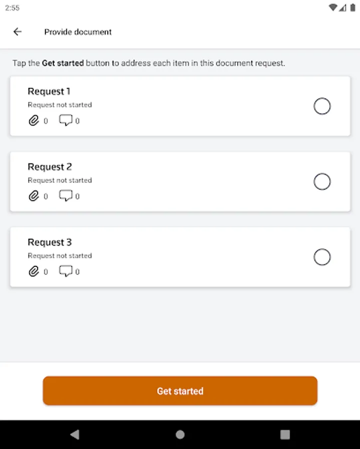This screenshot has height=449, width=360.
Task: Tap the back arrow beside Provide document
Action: click(17, 31)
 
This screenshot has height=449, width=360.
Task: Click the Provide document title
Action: click(78, 32)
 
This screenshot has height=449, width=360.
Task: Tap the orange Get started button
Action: click(180, 391)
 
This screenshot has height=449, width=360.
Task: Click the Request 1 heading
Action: click(49, 91)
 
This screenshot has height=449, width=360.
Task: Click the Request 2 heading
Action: click(49, 167)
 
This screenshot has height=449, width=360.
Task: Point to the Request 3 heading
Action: click(49, 242)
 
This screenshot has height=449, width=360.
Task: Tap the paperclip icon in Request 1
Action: click(34, 121)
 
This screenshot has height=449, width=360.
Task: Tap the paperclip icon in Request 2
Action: click(34, 196)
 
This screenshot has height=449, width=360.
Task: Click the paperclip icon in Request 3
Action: click(34, 271)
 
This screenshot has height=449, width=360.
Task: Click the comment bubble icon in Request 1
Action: click(65, 120)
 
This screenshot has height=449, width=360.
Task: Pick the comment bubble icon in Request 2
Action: click(65, 196)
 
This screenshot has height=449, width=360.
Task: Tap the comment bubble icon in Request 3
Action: click(65, 271)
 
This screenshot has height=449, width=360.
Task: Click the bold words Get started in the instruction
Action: click(63, 63)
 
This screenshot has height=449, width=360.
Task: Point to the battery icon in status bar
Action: click(353, 7)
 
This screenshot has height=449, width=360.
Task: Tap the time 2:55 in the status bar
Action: click(12, 8)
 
